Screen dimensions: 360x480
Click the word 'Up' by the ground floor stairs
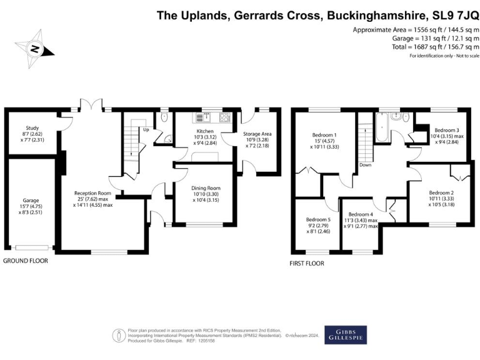point(146,130)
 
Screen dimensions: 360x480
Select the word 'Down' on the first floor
point(366,166)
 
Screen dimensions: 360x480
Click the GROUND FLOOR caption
point(25,260)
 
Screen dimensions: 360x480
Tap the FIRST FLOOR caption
point(306,264)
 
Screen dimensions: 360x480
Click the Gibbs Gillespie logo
point(346,334)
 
